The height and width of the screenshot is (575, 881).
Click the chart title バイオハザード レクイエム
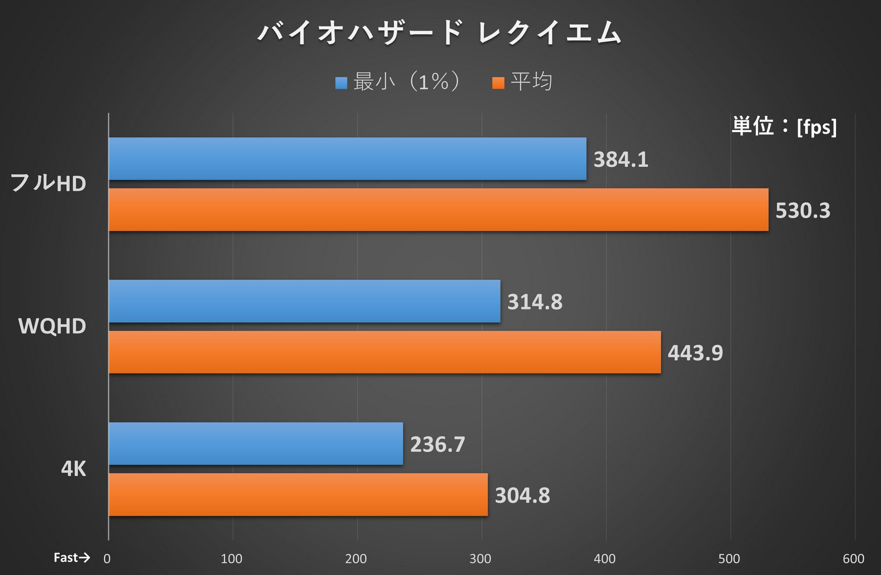(440, 33)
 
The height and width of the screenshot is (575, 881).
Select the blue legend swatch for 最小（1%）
(341, 83)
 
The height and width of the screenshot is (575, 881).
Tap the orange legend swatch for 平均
(498, 83)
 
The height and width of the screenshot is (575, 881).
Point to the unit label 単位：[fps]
(784, 127)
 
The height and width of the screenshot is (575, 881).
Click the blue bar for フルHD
(347, 159)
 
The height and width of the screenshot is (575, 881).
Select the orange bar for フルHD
(438, 210)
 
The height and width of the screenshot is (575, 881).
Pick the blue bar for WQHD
(304, 301)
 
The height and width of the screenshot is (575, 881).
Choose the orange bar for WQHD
(385, 352)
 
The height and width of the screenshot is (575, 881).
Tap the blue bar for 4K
(255, 444)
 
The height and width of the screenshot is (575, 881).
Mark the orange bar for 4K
(298, 495)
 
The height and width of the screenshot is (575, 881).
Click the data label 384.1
(621, 159)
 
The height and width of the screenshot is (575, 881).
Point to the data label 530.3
(803, 210)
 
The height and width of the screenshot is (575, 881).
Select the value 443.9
(695, 353)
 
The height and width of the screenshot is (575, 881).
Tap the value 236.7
(437, 444)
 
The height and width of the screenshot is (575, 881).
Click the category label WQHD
(52, 326)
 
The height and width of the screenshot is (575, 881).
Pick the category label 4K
(73, 469)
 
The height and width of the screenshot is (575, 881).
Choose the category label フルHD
(48, 183)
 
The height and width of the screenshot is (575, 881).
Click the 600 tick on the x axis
(853, 559)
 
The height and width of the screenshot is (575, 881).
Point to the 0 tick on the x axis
(107, 559)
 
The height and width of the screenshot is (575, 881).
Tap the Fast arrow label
(72, 558)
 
